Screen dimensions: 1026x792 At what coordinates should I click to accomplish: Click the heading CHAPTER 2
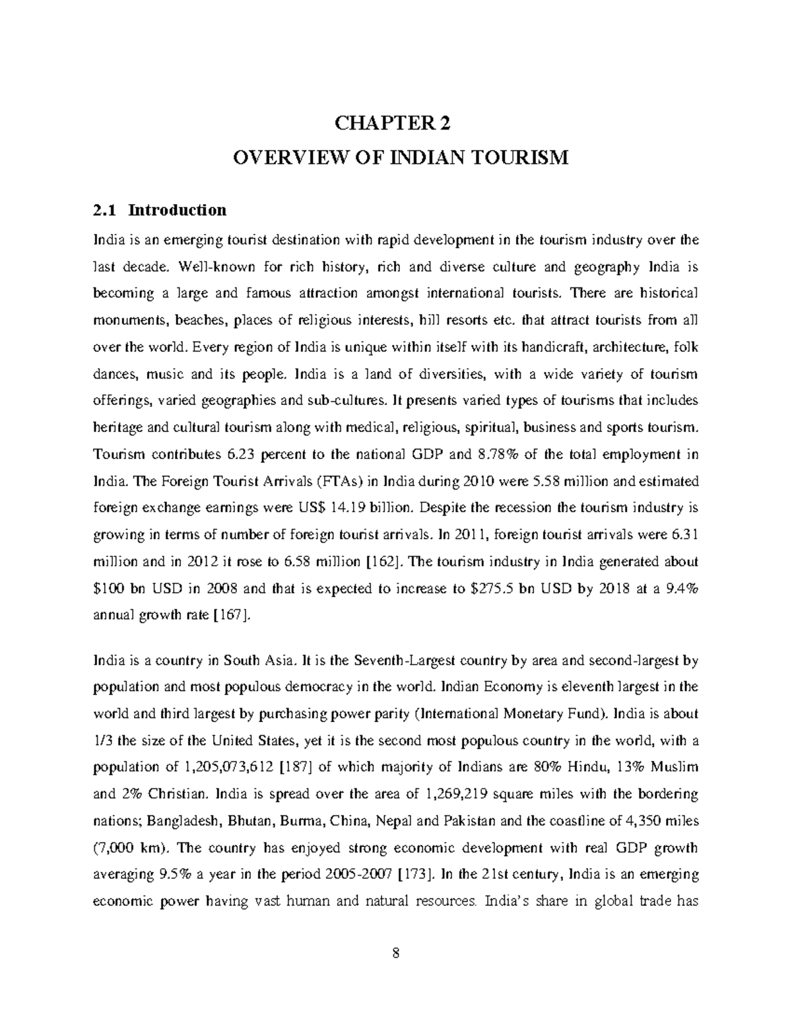pyautogui.click(x=395, y=124)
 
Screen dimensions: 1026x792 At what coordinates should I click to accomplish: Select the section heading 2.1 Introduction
pyautogui.click(x=160, y=210)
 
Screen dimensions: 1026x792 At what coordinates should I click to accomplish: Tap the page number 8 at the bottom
pyautogui.click(x=396, y=953)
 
